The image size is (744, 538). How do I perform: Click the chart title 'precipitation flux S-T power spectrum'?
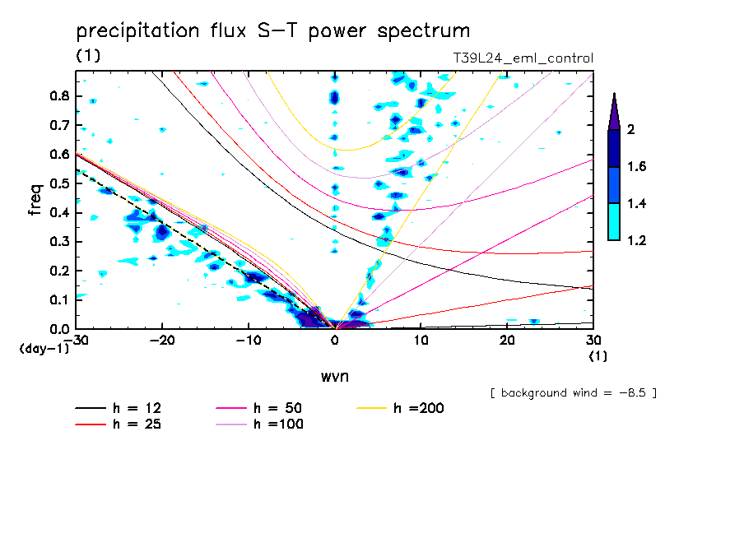coord(273,31)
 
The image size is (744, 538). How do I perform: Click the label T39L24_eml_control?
coord(523,58)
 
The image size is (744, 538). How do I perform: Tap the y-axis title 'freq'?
coord(35,200)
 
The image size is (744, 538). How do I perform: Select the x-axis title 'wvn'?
coord(334,376)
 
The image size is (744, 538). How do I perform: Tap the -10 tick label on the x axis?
coord(249,341)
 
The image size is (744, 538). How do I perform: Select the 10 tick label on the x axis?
coord(421,341)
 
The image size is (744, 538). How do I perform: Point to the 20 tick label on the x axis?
coord(507,341)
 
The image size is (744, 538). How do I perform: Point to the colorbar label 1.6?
coord(636,167)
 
